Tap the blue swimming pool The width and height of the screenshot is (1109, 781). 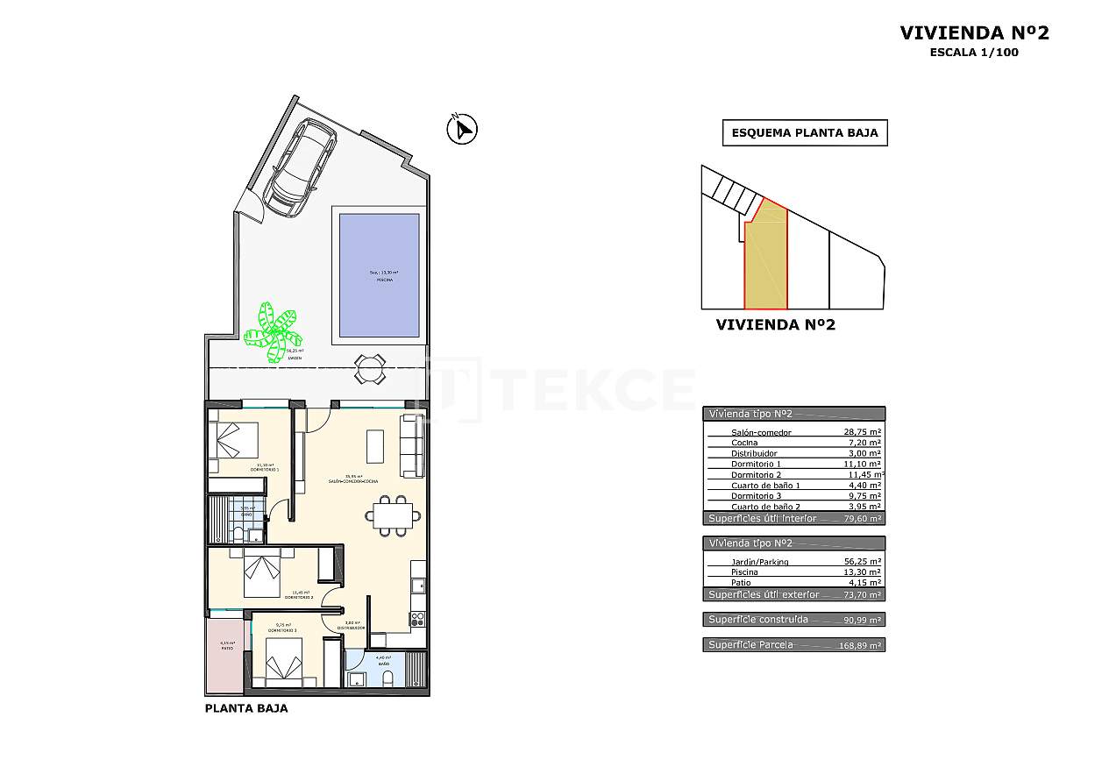[380, 275]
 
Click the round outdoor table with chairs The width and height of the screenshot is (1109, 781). [369, 368]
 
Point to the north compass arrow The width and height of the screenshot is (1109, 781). [461, 130]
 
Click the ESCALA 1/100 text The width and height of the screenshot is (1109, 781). [974, 52]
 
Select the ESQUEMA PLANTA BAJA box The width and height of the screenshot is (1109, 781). [805, 133]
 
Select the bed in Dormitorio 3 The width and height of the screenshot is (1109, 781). [282, 660]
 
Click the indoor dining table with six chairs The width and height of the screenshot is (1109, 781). [392, 515]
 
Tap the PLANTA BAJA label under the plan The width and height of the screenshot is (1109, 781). [245, 708]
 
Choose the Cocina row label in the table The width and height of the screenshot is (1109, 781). [744, 443]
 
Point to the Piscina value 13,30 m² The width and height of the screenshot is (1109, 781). [860, 572]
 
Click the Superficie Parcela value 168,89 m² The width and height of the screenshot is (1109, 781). [860, 645]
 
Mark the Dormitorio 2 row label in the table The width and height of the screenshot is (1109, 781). [756, 474]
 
